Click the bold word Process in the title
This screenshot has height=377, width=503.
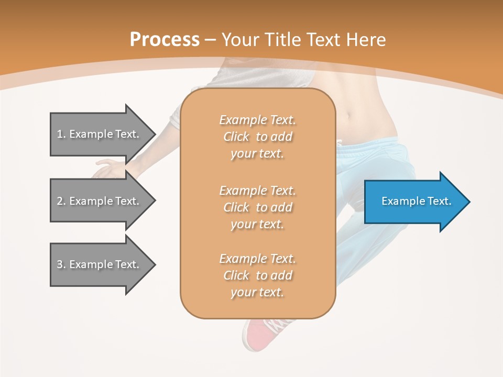point(165,39)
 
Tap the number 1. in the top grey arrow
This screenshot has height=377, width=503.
point(61,134)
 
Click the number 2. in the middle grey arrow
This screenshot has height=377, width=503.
point(61,201)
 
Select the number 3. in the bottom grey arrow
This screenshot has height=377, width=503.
point(61,264)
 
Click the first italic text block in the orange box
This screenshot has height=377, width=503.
point(257,137)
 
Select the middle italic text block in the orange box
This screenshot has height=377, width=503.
point(257,207)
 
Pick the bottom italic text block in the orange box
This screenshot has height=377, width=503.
point(257,275)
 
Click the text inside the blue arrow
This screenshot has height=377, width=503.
point(416,201)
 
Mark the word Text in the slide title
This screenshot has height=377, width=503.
point(323,39)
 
